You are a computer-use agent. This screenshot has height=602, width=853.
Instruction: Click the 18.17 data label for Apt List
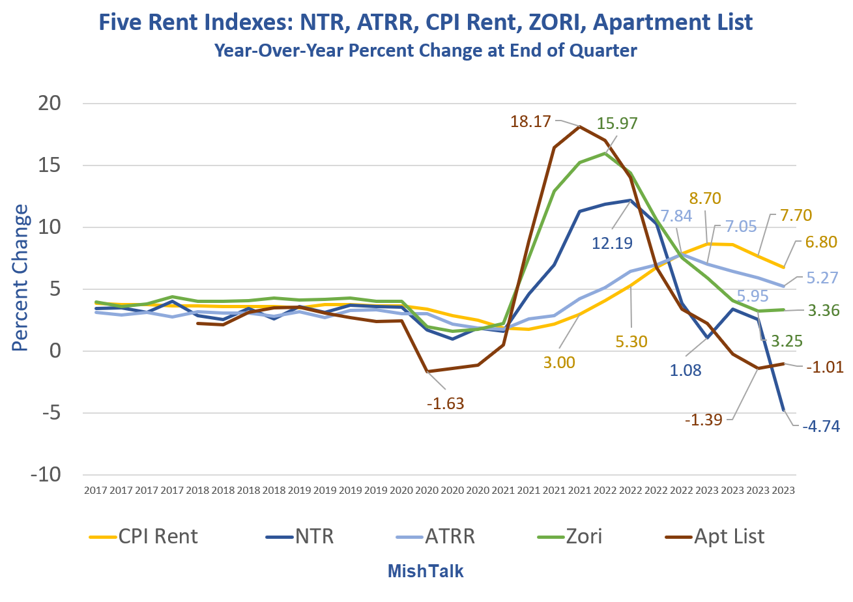pos(531,121)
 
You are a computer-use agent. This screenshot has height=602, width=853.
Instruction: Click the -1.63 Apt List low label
pos(445,403)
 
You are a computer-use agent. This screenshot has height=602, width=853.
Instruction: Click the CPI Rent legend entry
pos(144,536)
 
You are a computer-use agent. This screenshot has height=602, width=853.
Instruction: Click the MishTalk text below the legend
pos(426,571)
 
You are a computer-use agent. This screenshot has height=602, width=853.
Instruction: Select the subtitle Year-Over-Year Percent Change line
pos(426,50)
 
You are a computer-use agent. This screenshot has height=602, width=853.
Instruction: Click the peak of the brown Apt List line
pos(579,126)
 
